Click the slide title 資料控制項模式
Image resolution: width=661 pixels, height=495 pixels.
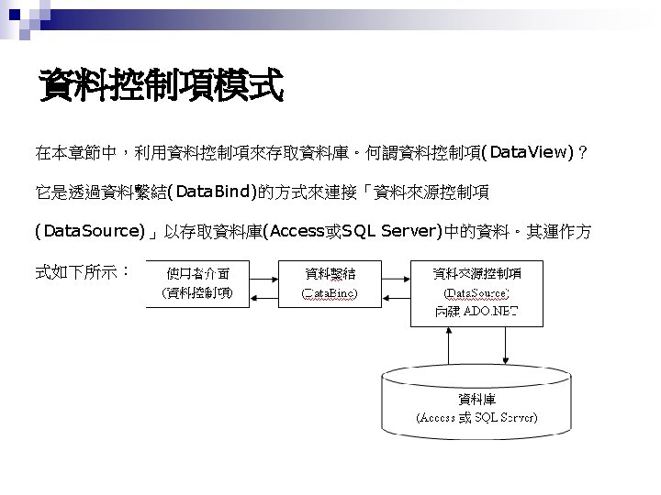pyautogui.click(x=161, y=88)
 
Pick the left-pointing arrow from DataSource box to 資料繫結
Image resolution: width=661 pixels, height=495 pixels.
pyautogui.click(x=394, y=295)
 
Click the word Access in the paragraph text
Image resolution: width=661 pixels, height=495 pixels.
pyautogui.click(x=292, y=232)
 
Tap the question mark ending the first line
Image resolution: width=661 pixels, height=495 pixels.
pyautogui.click(x=585, y=151)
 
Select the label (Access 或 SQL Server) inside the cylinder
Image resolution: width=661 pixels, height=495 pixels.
pyautogui.click(x=477, y=417)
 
